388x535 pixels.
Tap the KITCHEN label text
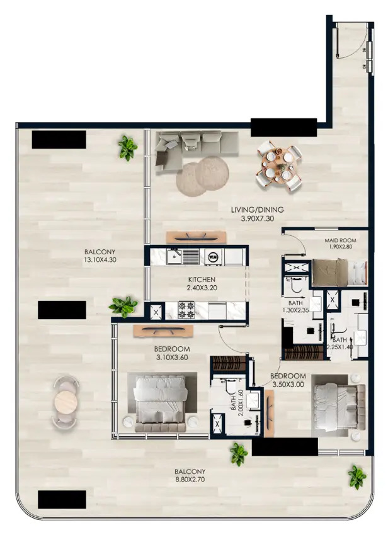[202, 279]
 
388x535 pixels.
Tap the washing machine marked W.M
[213, 256]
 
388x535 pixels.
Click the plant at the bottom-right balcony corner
[357, 476]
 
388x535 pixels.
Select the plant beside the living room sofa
[128, 148]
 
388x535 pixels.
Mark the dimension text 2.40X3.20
[202, 288]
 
